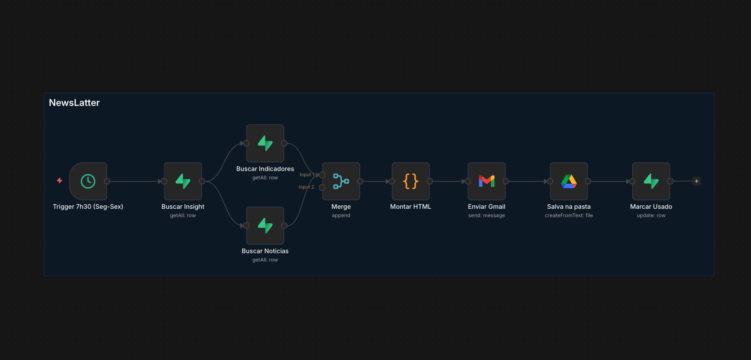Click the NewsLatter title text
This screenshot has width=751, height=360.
74,103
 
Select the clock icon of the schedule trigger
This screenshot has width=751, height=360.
88,181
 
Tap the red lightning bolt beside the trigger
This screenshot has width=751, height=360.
60,181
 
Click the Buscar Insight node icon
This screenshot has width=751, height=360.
183,181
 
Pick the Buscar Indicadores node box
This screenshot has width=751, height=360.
265,143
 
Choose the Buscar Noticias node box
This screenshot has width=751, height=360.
265,225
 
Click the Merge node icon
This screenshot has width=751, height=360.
341,181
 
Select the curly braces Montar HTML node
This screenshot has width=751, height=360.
410,181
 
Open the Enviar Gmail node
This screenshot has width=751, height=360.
486,181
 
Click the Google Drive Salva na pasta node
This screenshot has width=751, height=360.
569,181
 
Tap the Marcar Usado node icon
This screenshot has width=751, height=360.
651,181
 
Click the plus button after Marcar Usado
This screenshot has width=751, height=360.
697,181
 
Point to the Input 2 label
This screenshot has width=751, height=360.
306,187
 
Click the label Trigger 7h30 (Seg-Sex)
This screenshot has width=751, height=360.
88,207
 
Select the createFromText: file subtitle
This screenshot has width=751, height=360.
569,215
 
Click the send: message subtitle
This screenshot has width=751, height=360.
486,215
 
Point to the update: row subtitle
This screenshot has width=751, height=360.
651,215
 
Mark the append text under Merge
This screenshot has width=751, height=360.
341,215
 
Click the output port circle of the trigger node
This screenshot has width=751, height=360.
107,181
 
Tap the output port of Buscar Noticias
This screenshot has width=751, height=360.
284,225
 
